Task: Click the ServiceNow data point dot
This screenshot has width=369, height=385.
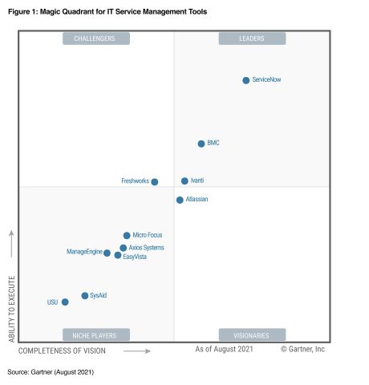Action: point(246,80)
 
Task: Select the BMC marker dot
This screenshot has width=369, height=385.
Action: point(201,144)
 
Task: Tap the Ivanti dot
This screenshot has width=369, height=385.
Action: point(184,181)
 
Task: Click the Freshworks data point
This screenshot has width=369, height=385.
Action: point(155,182)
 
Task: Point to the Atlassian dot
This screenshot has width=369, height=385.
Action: point(180,200)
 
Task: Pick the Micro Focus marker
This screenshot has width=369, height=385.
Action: point(127,236)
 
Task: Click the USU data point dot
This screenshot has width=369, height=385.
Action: point(65,302)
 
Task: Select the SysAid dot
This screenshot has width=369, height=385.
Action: point(85,296)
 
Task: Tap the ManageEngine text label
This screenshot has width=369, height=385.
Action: point(83,253)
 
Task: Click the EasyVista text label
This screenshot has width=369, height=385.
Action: point(135,257)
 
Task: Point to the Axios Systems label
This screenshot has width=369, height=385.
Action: point(146,248)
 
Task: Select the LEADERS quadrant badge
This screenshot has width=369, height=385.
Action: point(252,38)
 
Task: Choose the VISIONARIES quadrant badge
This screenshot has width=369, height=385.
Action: point(252,335)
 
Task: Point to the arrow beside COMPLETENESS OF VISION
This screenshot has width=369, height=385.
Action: point(137,351)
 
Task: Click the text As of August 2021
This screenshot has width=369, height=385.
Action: point(224,350)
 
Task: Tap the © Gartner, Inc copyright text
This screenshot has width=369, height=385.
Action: point(302,350)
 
